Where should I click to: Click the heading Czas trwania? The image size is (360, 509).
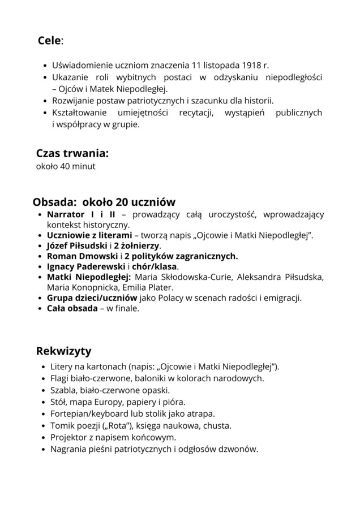(x=72, y=153)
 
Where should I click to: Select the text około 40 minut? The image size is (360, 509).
(x=66, y=166)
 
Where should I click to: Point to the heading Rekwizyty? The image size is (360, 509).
(x=63, y=351)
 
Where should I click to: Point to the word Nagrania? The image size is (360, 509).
(x=68, y=450)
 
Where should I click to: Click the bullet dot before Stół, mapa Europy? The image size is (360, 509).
(x=44, y=403)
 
